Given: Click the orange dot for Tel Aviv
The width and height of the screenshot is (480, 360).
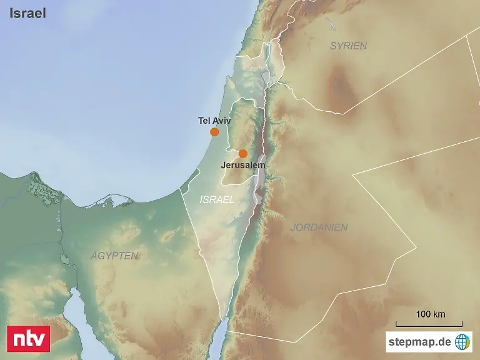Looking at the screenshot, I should [x=214, y=132].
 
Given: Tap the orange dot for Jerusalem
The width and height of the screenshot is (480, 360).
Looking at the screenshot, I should [x=243, y=154].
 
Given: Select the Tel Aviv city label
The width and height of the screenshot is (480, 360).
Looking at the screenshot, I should [x=214, y=121].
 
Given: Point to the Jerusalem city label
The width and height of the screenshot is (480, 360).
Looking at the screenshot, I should [x=243, y=166].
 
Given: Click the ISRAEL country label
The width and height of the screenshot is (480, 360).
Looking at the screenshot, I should [x=217, y=200].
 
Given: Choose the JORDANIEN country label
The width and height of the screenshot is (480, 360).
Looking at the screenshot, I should [x=319, y=227].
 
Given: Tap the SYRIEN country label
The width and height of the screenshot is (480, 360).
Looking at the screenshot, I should [x=348, y=46].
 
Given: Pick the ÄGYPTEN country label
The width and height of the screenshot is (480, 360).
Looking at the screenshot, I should [x=114, y=256].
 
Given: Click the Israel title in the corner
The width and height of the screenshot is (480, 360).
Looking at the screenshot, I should [x=27, y=13].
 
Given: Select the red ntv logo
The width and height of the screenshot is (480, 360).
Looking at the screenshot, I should [x=28, y=338].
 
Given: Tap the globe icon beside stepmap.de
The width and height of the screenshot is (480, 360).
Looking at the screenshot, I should [x=462, y=341].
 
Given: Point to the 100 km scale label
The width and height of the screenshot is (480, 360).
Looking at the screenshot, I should [x=431, y=314].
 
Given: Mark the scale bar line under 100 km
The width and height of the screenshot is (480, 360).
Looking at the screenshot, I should [x=429, y=325].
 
